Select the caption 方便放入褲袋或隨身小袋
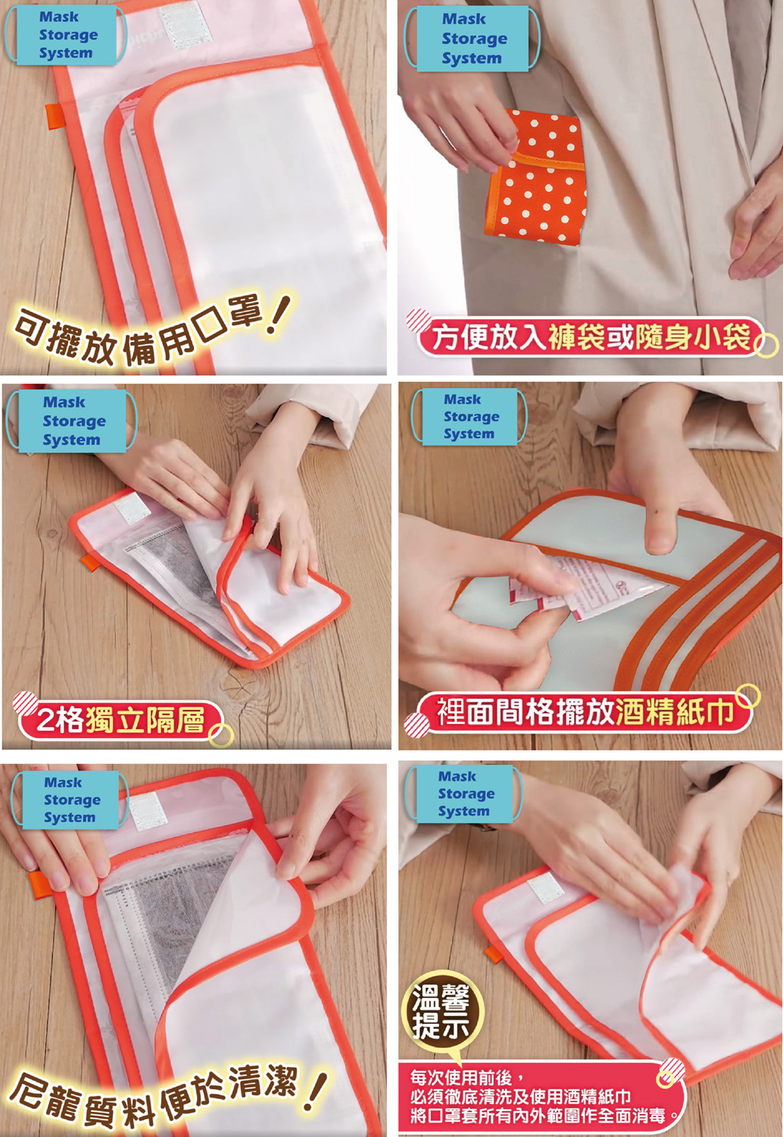click(x=591, y=337)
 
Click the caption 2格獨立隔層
click(x=120, y=719)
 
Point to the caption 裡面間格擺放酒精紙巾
click(x=585, y=711)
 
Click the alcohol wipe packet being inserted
click(x=583, y=589)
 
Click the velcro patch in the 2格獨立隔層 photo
click(x=132, y=508)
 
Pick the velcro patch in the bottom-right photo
click(x=546, y=890)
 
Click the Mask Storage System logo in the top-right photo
click(x=472, y=39)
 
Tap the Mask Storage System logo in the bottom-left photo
click(x=70, y=800)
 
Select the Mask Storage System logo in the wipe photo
click(x=469, y=417)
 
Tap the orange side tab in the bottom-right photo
click(x=493, y=954)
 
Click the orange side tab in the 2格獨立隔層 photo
click(x=87, y=563)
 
